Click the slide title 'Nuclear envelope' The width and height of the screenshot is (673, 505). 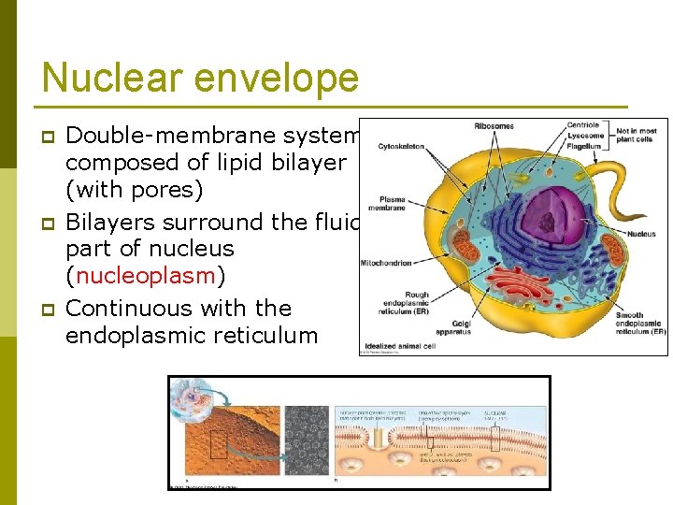(x=200, y=77)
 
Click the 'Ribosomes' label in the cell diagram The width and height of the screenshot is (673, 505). (x=494, y=126)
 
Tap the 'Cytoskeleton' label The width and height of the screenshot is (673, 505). (x=401, y=146)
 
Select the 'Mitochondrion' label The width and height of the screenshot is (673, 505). (x=386, y=264)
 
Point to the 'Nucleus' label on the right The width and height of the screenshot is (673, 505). (x=641, y=234)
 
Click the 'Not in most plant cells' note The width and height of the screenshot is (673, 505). (x=636, y=135)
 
